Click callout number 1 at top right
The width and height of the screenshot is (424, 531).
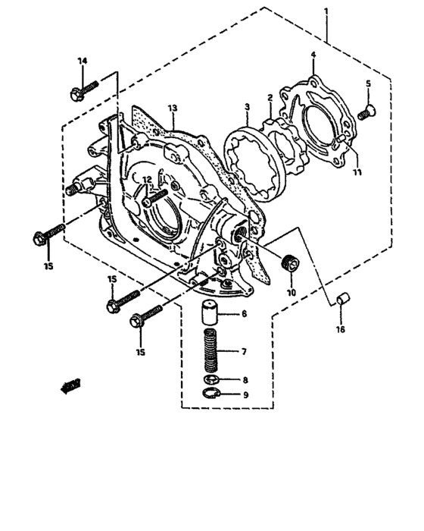(x=326, y=12)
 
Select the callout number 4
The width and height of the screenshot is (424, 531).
(x=313, y=55)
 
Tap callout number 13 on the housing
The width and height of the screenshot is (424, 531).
(x=173, y=108)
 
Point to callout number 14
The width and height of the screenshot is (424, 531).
(x=83, y=61)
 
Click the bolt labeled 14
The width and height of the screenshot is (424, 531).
(x=82, y=90)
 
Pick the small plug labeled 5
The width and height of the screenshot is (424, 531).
(x=366, y=113)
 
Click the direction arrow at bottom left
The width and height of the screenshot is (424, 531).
(x=70, y=386)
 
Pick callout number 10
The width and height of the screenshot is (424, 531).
(x=290, y=291)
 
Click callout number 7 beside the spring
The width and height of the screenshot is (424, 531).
(x=243, y=352)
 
